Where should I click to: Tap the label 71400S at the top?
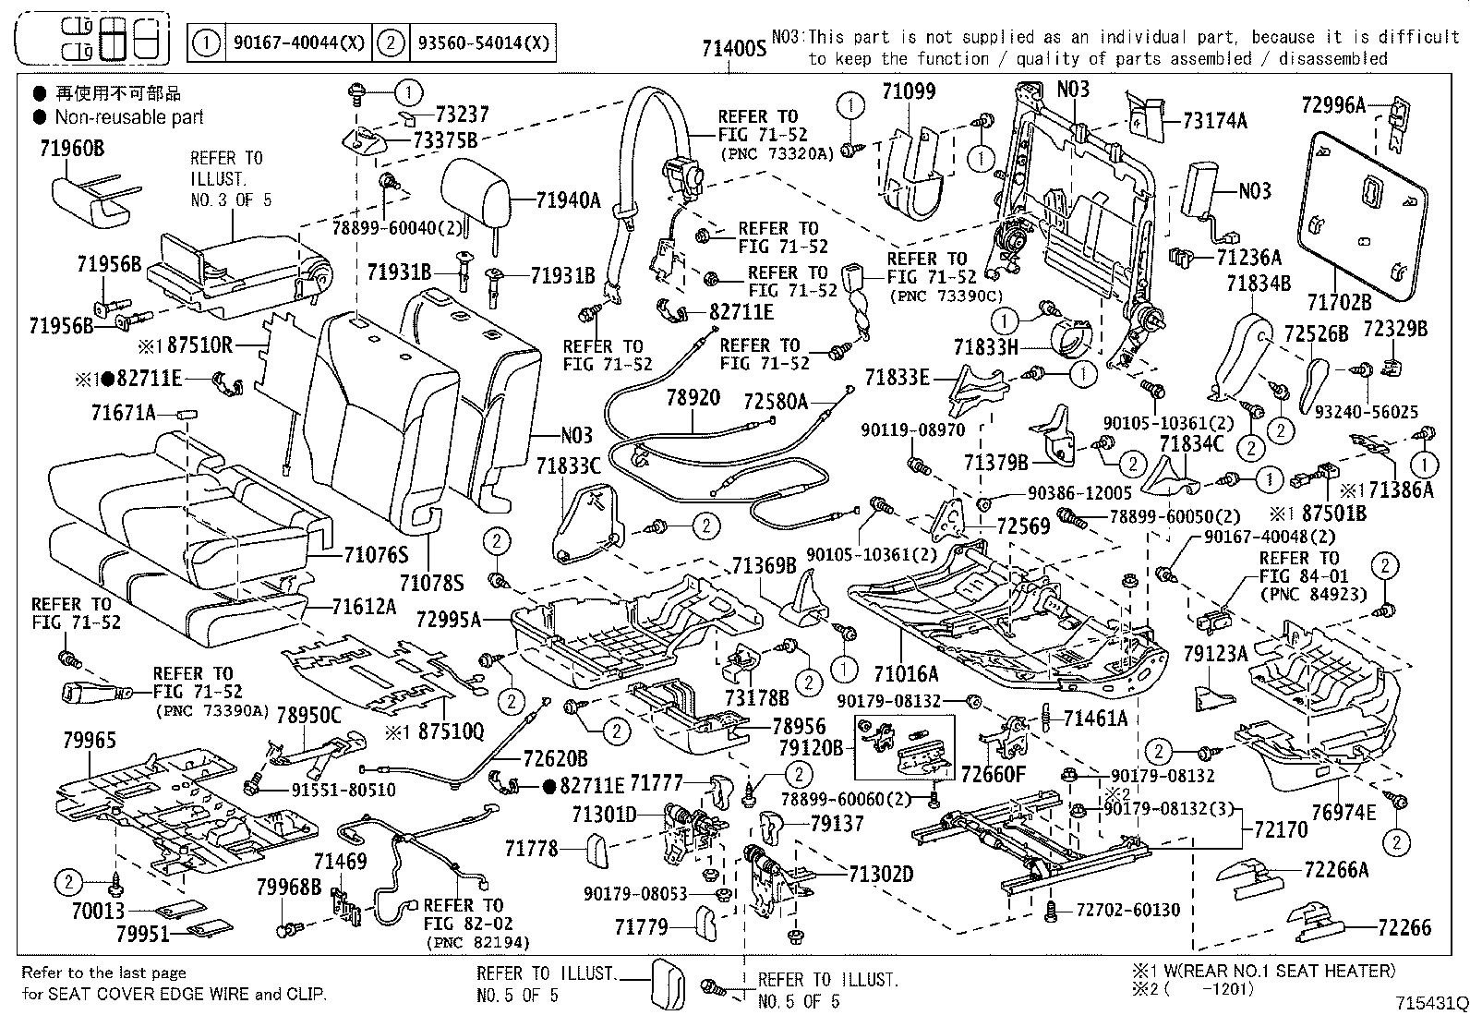[x=734, y=48]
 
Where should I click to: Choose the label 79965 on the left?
[x=90, y=740]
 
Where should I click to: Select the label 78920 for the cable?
[x=693, y=398]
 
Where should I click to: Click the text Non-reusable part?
[x=128, y=117]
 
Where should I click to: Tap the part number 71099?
[x=908, y=91]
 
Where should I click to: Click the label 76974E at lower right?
[x=1343, y=812]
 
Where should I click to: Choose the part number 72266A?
[x=1336, y=870]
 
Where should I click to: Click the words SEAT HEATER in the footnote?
[x=1331, y=971]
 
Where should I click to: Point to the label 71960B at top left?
[x=72, y=149]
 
